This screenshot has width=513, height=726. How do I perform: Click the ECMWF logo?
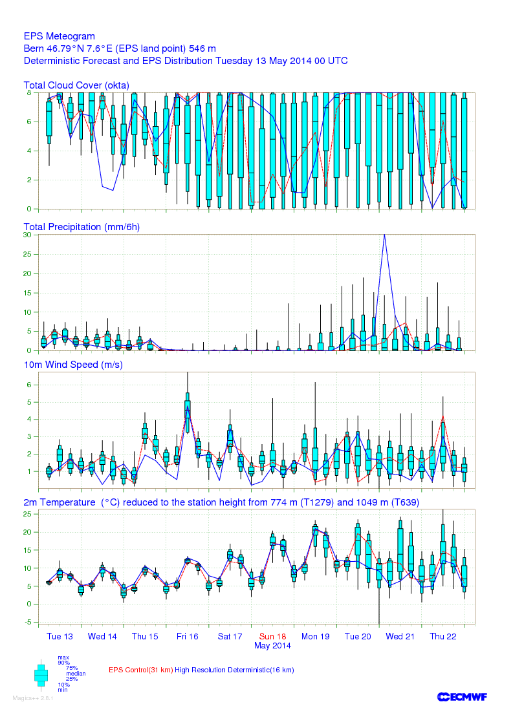point(462,696)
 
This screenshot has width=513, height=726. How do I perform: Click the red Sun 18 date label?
point(272,636)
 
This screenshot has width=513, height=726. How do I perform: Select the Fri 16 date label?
point(187,636)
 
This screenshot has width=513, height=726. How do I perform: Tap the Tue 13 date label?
point(60,636)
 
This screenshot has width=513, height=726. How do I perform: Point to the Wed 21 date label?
point(400,636)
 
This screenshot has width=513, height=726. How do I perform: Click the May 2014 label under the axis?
point(272,645)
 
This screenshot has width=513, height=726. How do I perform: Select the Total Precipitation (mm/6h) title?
point(82,227)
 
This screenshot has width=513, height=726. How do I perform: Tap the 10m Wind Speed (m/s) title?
point(73,365)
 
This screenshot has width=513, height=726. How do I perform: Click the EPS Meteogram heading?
point(60,37)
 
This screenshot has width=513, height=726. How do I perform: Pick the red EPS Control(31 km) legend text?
point(140,670)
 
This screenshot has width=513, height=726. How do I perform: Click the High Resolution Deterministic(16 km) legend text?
point(234,670)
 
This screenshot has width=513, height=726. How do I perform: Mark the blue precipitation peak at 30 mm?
point(385,235)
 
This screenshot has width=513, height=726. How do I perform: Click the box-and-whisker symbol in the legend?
point(41,674)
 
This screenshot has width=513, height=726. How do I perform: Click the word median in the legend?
point(76,673)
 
